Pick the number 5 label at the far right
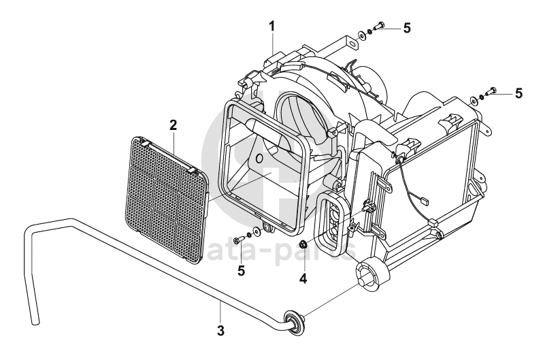(519, 93)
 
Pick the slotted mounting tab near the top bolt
(351, 42)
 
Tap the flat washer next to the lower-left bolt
(256, 232)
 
